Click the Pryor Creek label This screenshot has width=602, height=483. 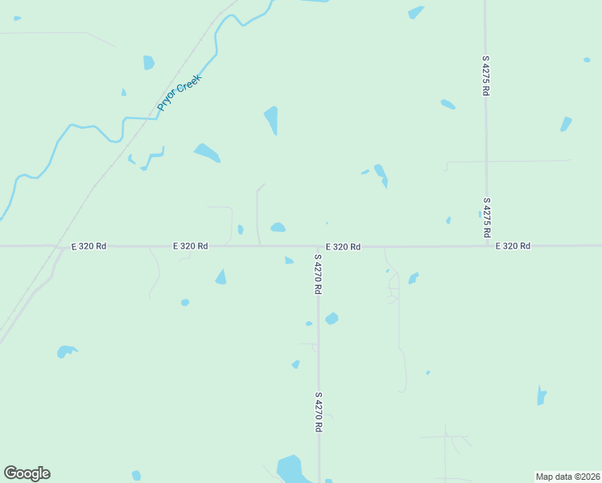179,93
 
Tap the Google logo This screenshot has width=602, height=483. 27,473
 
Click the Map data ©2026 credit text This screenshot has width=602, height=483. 568,476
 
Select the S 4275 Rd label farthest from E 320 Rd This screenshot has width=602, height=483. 486,76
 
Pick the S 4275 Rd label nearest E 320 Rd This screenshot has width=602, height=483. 487,217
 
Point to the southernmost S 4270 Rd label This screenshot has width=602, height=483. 319,413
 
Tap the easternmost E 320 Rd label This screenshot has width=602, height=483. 513,246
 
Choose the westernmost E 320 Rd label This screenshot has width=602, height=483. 89,246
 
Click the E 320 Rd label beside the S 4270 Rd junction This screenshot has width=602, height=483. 343,246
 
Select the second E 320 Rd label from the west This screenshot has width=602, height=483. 191,246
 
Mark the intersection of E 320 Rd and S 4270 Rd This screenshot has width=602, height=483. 318,246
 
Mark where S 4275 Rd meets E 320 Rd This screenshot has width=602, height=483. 486,246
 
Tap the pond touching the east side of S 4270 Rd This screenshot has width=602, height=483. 332,319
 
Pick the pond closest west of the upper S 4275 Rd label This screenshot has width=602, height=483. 447,104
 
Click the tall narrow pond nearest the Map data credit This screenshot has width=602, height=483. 542,395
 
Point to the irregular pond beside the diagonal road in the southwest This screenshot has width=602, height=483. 66,351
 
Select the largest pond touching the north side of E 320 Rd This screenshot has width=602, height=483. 278,228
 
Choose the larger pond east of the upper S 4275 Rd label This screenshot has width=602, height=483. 566,124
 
